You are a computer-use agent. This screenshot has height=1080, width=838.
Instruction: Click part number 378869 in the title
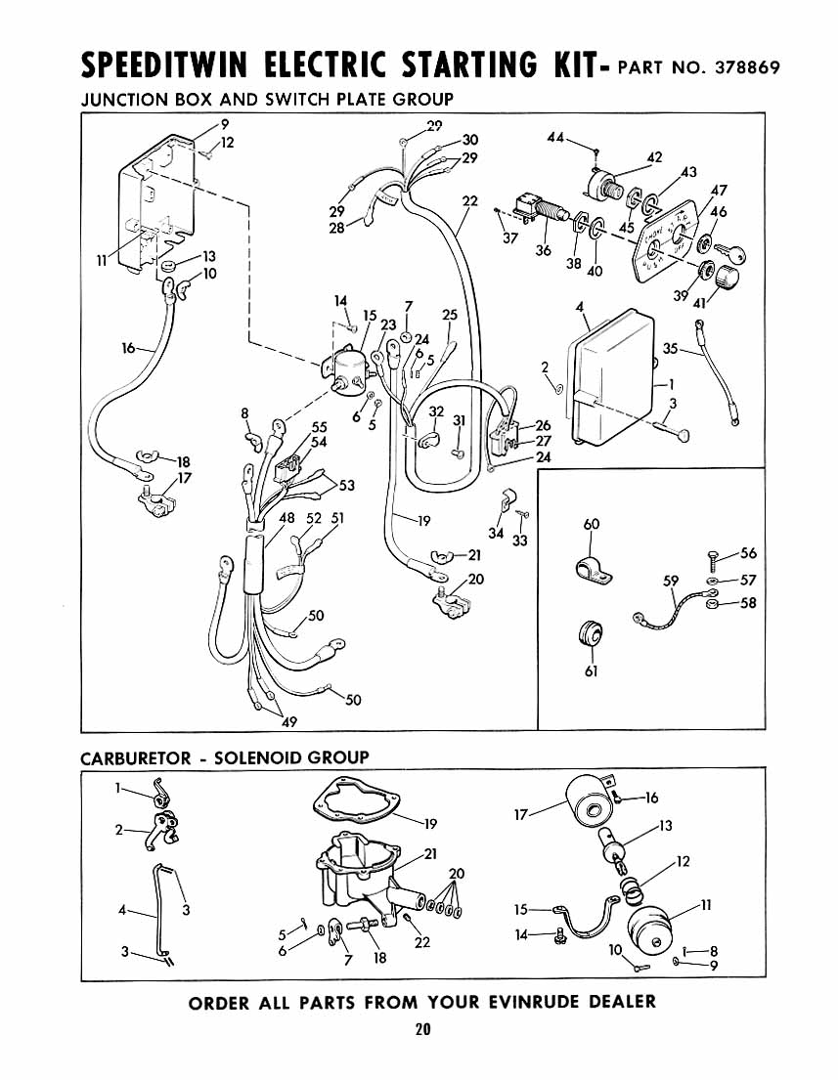(747, 67)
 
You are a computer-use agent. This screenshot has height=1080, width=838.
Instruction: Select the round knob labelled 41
(726, 279)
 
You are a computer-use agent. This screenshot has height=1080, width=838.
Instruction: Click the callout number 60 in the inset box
(592, 525)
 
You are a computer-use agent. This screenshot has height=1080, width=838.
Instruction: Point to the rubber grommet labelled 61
(590, 634)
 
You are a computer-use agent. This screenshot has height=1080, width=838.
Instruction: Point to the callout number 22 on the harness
(469, 201)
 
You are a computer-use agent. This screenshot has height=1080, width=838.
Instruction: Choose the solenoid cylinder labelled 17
(590, 802)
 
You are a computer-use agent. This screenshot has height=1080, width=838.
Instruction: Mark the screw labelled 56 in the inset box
(714, 559)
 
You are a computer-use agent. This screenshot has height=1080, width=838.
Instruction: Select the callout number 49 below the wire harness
(289, 722)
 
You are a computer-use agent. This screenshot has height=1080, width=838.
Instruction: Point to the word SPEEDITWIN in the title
(163, 65)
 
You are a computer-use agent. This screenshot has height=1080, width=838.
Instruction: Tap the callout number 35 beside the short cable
(671, 349)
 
